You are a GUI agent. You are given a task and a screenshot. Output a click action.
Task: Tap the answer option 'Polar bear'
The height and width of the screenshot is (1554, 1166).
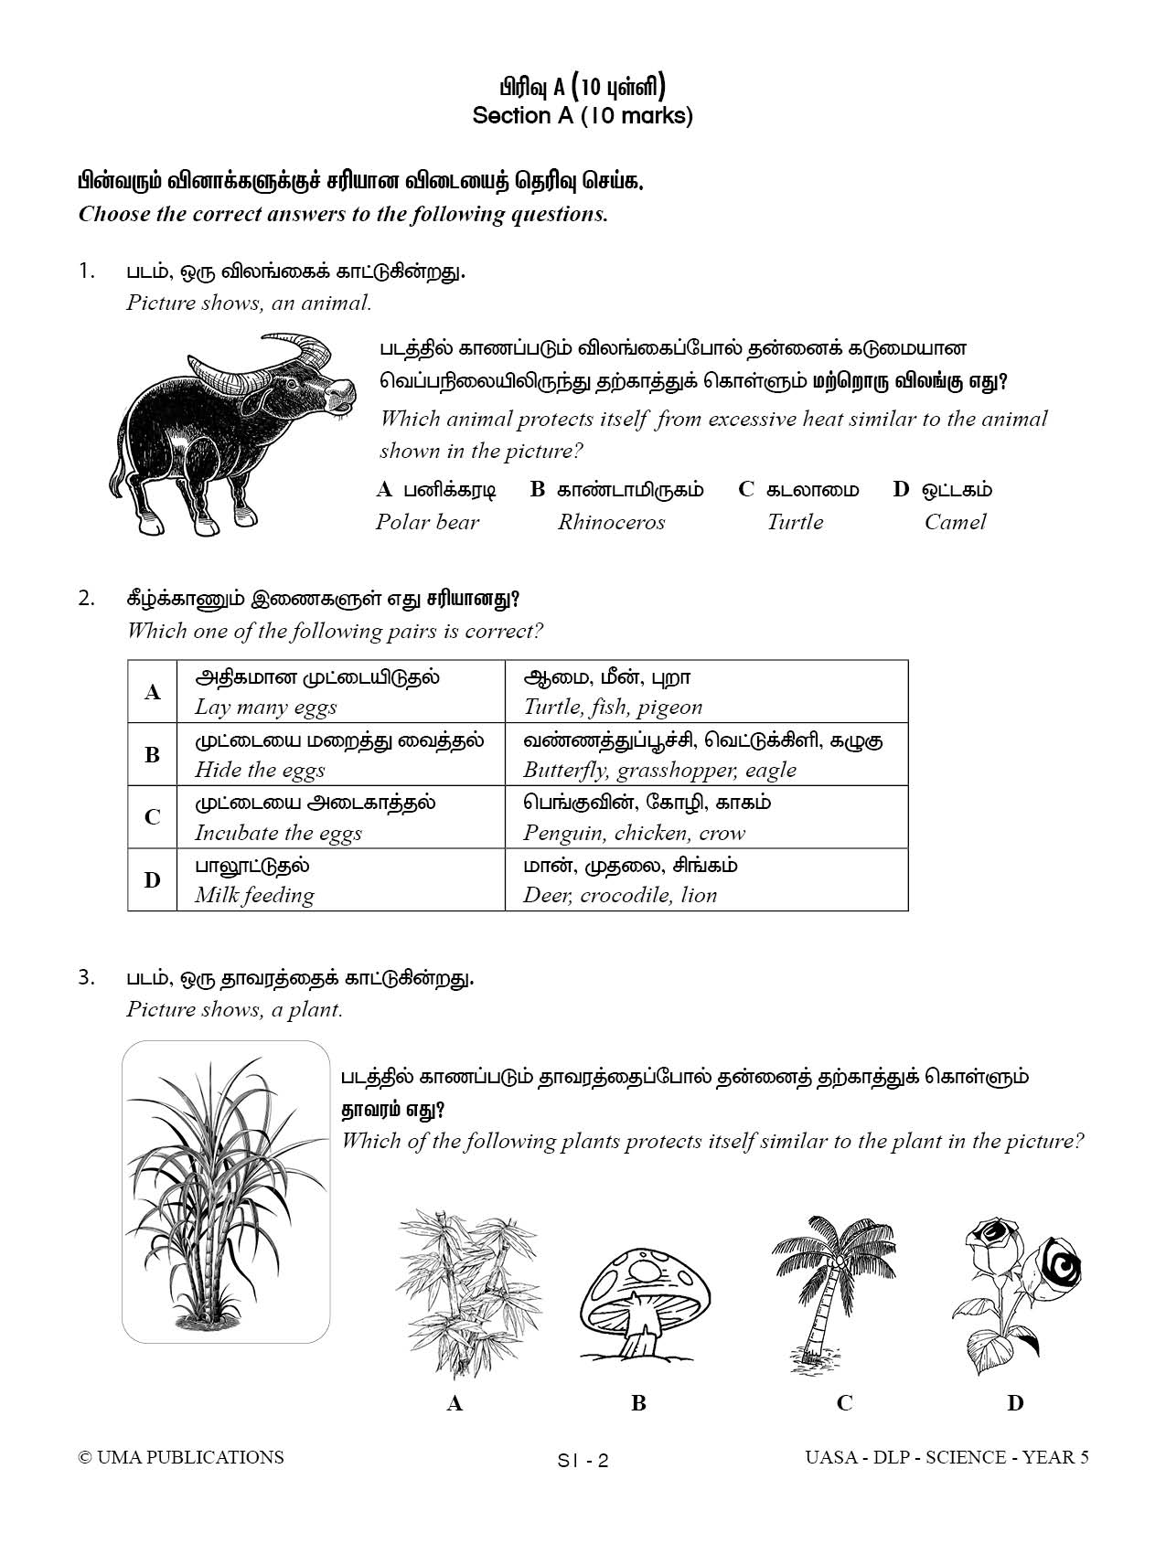pos(427,522)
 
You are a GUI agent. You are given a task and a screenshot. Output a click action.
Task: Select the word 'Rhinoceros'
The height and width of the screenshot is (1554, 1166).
pos(611,522)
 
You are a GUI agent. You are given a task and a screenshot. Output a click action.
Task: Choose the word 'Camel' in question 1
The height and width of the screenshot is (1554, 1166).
pos(955,522)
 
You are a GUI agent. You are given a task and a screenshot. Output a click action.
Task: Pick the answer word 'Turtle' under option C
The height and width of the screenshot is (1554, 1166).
pos(795,522)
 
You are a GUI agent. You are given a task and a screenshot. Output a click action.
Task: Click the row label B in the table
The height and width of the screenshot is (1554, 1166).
pos(152,755)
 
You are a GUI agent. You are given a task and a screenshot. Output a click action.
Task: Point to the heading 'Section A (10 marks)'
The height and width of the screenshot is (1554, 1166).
pos(583,116)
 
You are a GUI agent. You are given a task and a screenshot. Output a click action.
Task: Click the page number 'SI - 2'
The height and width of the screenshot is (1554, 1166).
pos(583,1461)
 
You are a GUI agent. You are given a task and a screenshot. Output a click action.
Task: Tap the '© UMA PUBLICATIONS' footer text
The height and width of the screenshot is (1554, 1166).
pos(181,1457)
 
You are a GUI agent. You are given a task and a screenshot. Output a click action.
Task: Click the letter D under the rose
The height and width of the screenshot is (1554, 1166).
pos(1015,1403)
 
